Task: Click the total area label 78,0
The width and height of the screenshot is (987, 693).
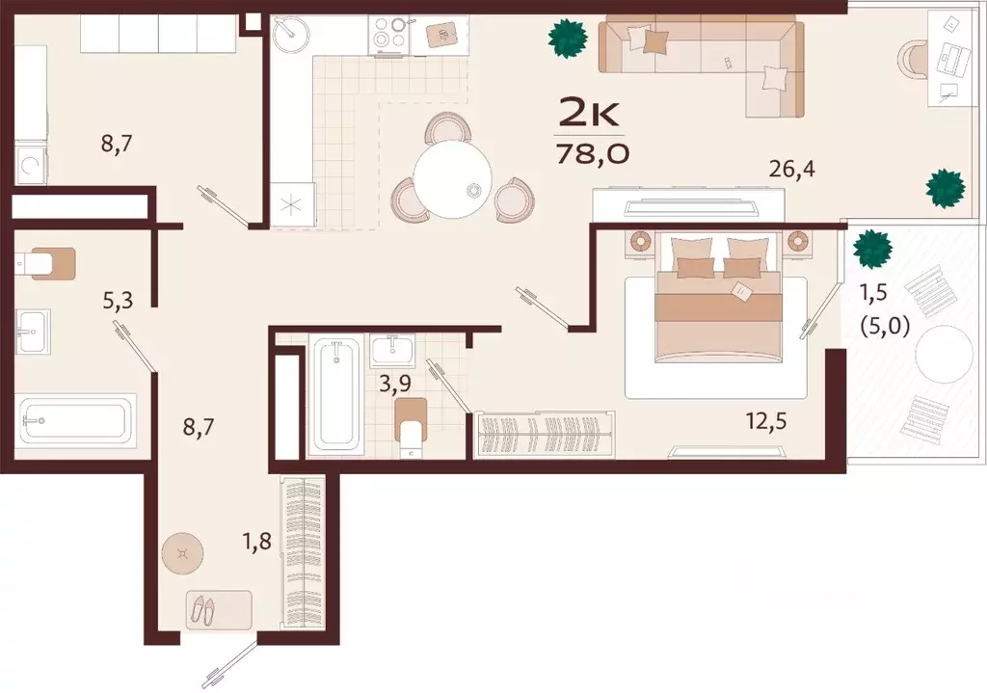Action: click(x=593, y=152)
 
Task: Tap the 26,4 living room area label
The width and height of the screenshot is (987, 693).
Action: click(x=792, y=169)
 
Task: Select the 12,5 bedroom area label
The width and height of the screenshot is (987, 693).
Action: click(x=766, y=420)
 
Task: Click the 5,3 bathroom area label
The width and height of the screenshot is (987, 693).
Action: click(x=119, y=301)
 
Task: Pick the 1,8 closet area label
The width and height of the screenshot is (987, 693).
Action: click(x=257, y=540)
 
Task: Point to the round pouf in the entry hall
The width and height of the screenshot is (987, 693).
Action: click(x=182, y=553)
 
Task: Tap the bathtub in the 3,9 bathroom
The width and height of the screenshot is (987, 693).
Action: click(x=336, y=394)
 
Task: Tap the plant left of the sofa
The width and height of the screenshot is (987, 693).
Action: click(x=568, y=39)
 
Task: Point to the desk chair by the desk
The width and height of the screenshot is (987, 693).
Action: click(x=913, y=60)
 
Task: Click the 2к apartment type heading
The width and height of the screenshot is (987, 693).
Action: click(x=590, y=115)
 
